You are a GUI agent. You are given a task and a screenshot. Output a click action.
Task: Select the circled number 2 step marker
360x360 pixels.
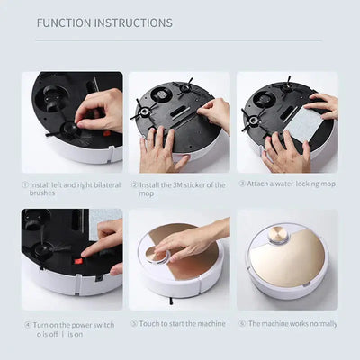click(x=133, y=184)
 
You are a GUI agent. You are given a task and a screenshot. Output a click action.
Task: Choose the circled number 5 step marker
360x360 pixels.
click(x=134, y=322)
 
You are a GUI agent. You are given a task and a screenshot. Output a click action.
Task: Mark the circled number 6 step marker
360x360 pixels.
click(x=243, y=322)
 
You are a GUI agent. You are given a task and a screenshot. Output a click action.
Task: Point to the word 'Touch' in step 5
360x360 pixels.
click(x=150, y=322)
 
